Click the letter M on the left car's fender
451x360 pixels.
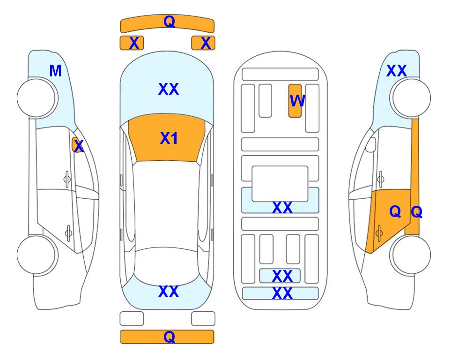[x=56, y=71]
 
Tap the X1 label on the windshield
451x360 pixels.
[x=169, y=138]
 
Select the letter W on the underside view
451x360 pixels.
[x=297, y=101]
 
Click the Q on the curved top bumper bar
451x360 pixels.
[x=169, y=21]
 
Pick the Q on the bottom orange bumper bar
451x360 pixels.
[x=169, y=337]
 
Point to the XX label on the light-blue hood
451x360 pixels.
[x=169, y=89]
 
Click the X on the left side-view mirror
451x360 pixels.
[x=78, y=146]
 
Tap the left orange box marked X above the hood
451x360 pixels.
[x=132, y=43]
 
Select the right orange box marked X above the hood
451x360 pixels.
[x=203, y=43]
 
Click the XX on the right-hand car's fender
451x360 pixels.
[x=397, y=71]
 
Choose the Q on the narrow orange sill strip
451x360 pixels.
[x=416, y=212]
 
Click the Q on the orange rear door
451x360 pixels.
[x=395, y=211]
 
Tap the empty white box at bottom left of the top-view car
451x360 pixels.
[x=132, y=319]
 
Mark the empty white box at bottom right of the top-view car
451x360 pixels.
[x=203, y=319]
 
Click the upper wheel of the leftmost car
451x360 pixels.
[x=37, y=98]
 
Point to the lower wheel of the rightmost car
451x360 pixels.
[x=410, y=255]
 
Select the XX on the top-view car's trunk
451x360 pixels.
[x=169, y=292]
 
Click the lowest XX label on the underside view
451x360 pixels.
[x=282, y=293]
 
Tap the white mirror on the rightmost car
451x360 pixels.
[x=371, y=144]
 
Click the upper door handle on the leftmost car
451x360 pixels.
[x=67, y=180]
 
